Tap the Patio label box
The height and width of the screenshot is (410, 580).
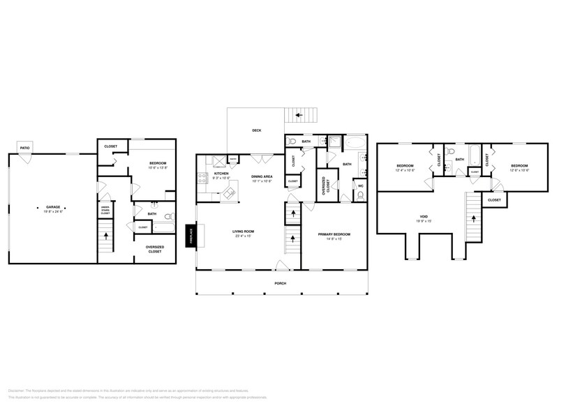[25, 149]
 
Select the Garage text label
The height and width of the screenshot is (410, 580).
[53, 206]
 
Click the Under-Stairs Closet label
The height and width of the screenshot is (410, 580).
[105, 210]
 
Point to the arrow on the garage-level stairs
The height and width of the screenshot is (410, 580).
[105, 236]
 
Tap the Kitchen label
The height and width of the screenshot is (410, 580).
[221, 174]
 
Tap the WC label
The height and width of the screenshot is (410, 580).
[361, 186]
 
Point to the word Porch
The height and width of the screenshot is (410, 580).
[280, 283]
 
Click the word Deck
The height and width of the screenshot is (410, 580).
[256, 130]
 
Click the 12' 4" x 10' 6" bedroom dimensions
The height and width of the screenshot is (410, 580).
[405, 170]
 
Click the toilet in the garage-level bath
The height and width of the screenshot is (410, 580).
[153, 207]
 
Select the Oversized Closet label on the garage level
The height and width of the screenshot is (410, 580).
[154, 249]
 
